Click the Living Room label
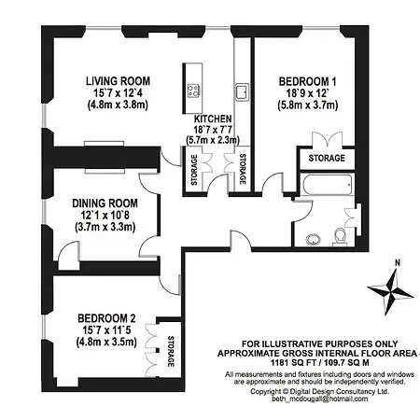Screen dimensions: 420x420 coord(119,81)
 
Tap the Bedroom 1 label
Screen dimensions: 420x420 coord(307,82)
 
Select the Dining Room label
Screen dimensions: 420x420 coord(105,203)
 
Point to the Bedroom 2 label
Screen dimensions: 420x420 coord(106,318)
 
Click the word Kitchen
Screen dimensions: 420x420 coord(213,119)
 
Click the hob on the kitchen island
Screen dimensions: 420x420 coord(193,91)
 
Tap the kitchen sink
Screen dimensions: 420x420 coord(242,91)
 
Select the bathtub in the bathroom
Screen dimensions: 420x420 coord(328,185)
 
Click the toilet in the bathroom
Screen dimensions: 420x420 coord(340,237)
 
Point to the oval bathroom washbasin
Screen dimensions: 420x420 coord(313,240)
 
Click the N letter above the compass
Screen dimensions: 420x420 coord(398,263)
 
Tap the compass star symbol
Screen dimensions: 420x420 coord(390,292)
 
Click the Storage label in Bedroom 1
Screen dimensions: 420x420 coord(327,158)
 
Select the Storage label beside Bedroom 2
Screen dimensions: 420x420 coord(171,351)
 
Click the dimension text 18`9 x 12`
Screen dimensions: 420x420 coord(307,93)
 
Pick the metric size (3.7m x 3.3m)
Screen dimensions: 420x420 coord(105,227)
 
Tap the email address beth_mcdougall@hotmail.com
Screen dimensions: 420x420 coord(320,399)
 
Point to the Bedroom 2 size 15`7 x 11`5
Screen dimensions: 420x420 coord(106,330)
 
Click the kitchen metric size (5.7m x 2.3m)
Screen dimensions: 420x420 coord(213,140)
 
